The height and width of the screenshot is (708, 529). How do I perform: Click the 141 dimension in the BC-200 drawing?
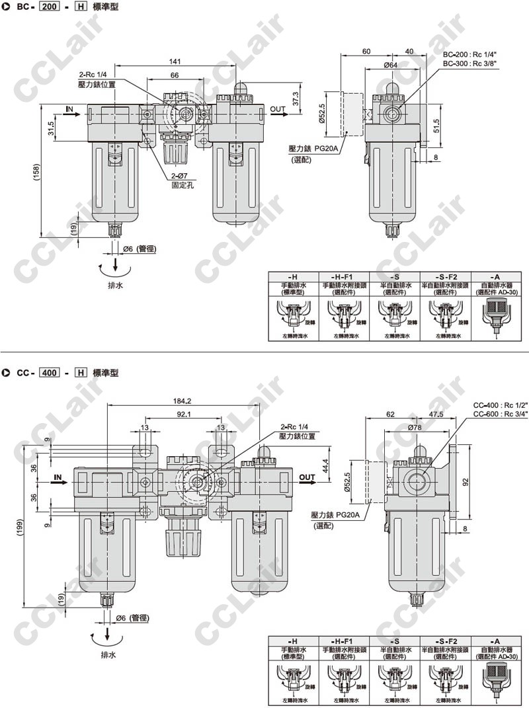click(175, 61)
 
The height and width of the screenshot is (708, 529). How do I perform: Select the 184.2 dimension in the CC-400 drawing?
click(182, 401)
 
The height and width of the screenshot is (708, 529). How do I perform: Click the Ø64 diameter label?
click(389, 65)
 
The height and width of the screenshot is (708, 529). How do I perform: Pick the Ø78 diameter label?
click(415, 428)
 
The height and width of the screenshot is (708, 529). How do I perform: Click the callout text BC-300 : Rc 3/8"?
click(470, 63)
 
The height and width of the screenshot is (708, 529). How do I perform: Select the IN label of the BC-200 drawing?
click(70, 108)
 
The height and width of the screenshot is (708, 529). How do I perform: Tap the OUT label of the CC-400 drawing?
click(307, 476)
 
